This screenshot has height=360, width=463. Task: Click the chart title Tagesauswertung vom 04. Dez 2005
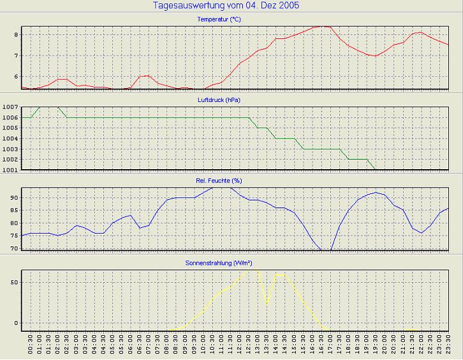(x=226, y=6)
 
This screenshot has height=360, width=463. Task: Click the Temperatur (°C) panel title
(x=219, y=20)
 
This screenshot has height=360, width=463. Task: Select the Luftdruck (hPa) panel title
(x=219, y=100)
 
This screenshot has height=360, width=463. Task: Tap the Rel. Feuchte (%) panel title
(x=219, y=181)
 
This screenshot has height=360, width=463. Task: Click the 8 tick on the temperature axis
(x=16, y=34)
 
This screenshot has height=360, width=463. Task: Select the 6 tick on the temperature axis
(x=16, y=77)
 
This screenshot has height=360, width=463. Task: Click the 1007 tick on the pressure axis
(x=10, y=107)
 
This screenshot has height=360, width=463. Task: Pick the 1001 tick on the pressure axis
(x=10, y=170)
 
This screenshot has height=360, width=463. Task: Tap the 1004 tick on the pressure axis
(x=10, y=138)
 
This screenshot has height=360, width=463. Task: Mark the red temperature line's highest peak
(x=322, y=26)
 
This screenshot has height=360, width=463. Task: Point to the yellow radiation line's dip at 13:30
(x=267, y=304)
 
